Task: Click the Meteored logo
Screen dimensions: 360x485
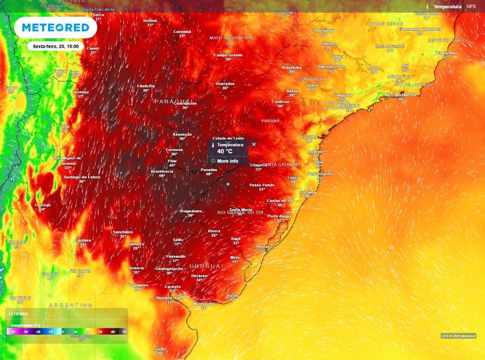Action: (56, 27)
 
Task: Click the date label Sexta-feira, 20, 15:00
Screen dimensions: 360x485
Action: (55, 46)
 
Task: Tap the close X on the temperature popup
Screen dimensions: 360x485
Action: (254, 144)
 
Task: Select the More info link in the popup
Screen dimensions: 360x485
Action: (227, 161)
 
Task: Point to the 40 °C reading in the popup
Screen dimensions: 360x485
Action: (225, 151)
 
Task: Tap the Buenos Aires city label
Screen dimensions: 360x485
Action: (170, 297)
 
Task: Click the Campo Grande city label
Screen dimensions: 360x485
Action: (228, 55)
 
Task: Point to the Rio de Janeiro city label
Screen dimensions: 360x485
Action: (401, 95)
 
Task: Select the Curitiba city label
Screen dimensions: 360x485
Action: (309, 137)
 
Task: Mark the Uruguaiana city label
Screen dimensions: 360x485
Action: (191, 211)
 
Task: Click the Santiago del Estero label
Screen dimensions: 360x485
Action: (82, 177)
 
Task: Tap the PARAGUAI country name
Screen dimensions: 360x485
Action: (175, 102)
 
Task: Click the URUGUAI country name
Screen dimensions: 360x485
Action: (206, 267)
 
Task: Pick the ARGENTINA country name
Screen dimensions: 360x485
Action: (71, 305)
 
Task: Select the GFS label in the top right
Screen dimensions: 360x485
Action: (471, 7)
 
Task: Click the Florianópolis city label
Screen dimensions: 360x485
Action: (320, 173)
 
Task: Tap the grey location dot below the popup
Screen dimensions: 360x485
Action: (228, 184)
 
